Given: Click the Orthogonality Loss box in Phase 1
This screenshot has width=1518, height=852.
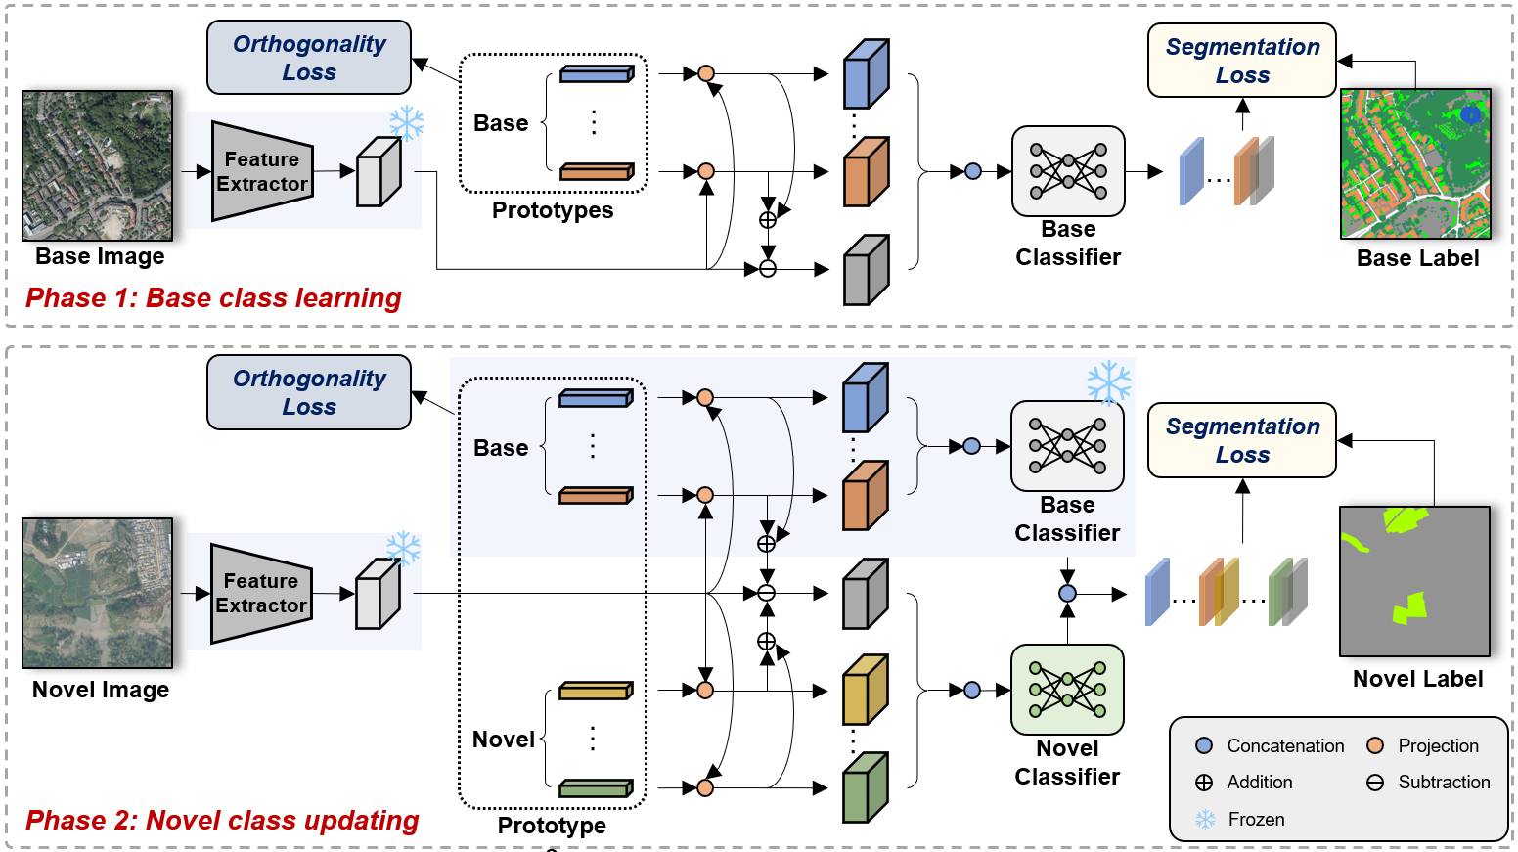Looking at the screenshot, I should click(308, 58).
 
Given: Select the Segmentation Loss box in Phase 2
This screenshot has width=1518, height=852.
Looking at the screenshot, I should click(1241, 440).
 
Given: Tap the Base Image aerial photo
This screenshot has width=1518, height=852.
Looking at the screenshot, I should click(97, 165).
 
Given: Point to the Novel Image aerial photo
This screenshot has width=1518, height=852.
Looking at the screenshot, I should click(97, 593).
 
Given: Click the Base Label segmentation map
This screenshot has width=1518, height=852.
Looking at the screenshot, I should click(1414, 163).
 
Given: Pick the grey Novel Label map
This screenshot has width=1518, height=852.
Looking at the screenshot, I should click(1413, 581).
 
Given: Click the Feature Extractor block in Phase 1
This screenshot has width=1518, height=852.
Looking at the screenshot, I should click(261, 171).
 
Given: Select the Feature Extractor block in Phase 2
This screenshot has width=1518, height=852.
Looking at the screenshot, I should click(260, 593).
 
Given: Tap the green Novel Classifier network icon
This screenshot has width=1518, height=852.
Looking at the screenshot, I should click(1067, 689).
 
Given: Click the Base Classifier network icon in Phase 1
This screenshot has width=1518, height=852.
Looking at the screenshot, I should click(1068, 170).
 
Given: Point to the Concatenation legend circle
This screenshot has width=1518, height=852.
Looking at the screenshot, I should click(1204, 745).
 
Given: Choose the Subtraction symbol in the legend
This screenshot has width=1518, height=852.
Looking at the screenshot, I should click(1375, 783).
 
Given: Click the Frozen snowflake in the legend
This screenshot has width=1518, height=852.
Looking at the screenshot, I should click(1205, 819).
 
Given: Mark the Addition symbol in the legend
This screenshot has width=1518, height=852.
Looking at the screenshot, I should click(1204, 783).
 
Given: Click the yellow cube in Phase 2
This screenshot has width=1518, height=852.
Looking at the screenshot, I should click(865, 690).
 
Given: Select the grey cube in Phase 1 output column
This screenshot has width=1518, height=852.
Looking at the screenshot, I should click(866, 269).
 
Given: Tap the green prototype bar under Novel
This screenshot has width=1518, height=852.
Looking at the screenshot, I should click(596, 787).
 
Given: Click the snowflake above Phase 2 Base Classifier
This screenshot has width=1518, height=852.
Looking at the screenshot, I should click(1108, 382).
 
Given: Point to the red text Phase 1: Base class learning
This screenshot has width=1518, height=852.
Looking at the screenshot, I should click(213, 297).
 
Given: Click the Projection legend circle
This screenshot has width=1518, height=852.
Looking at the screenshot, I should click(1375, 745).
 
